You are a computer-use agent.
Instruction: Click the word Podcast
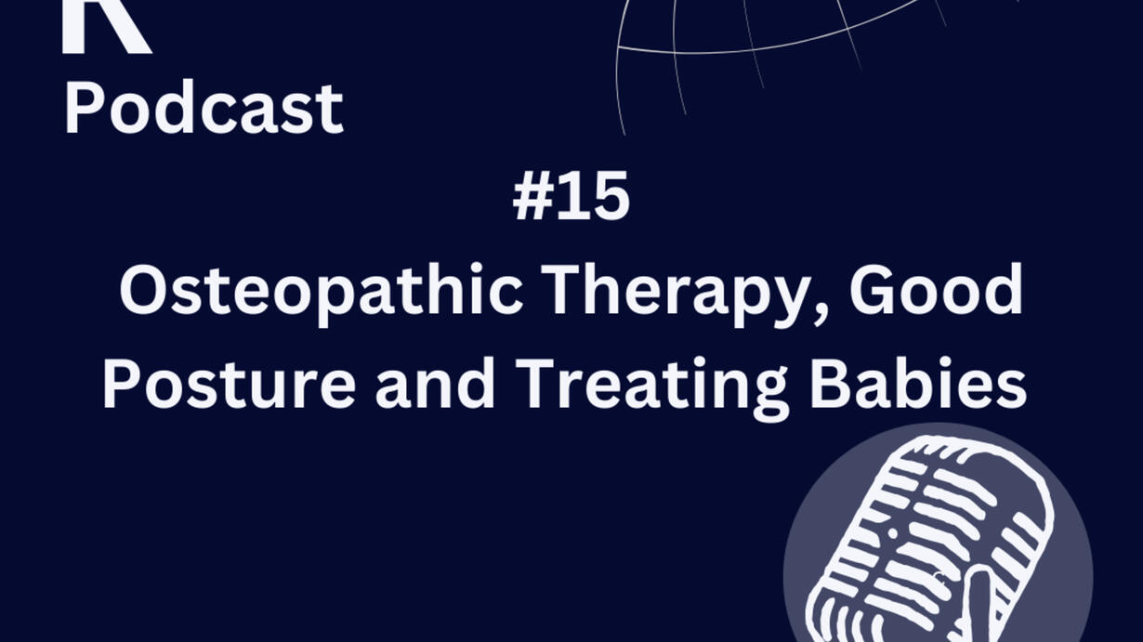click(x=204, y=108)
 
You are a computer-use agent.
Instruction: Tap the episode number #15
click(x=571, y=195)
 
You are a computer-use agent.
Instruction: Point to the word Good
click(x=937, y=289)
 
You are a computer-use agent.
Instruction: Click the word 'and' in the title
click(x=435, y=383)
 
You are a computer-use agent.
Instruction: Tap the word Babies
click(x=918, y=383)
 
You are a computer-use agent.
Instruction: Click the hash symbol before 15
click(x=533, y=196)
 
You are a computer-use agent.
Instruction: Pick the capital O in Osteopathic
click(x=144, y=289)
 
